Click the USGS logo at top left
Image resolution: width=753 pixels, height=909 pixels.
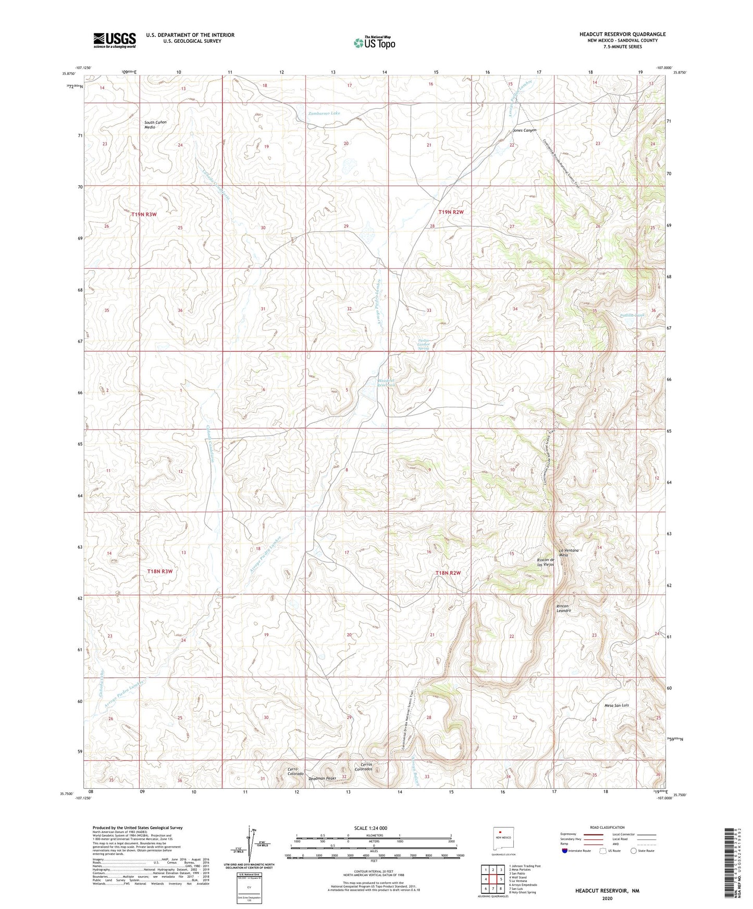click(114, 40)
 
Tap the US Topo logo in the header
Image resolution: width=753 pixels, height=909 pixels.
click(374, 42)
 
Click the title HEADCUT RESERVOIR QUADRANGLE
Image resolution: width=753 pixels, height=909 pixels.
click(622, 34)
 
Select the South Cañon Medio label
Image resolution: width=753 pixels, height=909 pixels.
click(155, 124)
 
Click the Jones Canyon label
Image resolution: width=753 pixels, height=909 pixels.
click(524, 130)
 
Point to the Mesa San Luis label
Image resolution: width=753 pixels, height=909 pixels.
click(616, 705)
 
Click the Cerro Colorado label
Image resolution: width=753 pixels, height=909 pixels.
click(295, 772)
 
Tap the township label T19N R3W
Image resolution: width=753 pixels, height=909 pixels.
click(144, 214)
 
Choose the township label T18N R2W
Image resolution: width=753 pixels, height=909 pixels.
click(449, 573)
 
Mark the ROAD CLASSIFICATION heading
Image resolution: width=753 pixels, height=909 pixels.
click(607, 827)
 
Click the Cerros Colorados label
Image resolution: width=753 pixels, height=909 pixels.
click(363, 767)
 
